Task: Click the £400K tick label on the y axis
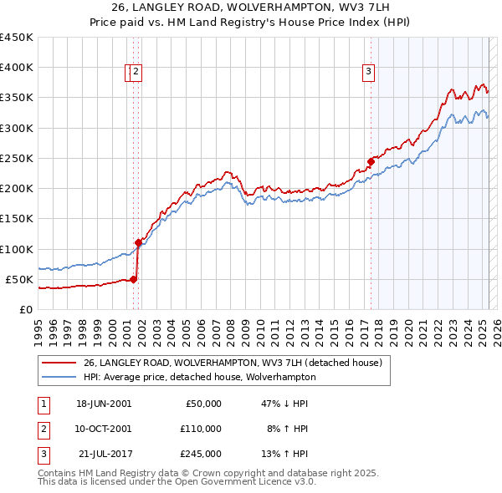(17, 68)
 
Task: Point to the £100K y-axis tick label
(17, 249)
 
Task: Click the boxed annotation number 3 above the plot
(368, 73)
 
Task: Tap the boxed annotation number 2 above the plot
(136, 73)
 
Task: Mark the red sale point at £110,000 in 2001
(138, 242)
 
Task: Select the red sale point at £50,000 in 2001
(133, 279)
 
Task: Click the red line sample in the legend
(59, 363)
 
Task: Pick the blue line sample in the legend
(59, 377)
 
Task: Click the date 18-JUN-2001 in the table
(104, 404)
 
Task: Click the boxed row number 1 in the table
(43, 404)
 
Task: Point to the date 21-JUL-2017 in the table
(104, 454)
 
